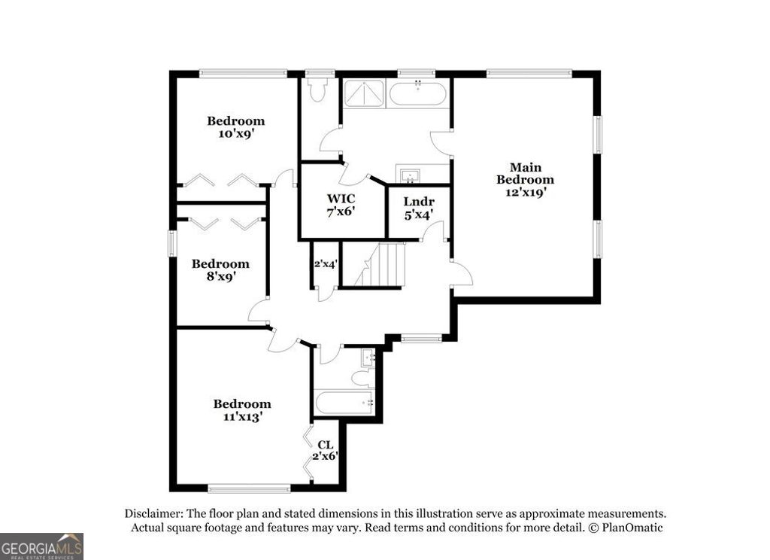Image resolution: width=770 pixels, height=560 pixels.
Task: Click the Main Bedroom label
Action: click(x=526, y=173)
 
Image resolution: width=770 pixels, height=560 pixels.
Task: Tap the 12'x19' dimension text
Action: click(x=526, y=192)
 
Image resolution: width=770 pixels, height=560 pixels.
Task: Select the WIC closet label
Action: click(x=341, y=199)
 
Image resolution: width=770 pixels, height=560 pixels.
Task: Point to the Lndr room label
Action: click(x=419, y=201)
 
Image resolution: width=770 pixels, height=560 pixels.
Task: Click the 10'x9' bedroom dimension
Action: click(x=236, y=133)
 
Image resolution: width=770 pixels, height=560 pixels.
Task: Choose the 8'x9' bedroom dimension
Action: click(x=220, y=276)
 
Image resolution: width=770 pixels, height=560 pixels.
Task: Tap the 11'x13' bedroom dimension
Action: click(x=241, y=416)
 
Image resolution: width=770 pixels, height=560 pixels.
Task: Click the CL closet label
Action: click(x=326, y=445)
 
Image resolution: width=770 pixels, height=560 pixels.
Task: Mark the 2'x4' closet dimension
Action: click(x=326, y=264)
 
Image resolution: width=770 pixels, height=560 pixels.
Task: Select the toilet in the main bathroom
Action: click(x=319, y=90)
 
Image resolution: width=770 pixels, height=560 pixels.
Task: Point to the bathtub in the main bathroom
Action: click(x=418, y=94)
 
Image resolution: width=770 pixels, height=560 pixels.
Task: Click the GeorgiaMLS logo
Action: click(x=41, y=546)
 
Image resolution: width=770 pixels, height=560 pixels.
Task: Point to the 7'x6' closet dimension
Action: click(x=341, y=212)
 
